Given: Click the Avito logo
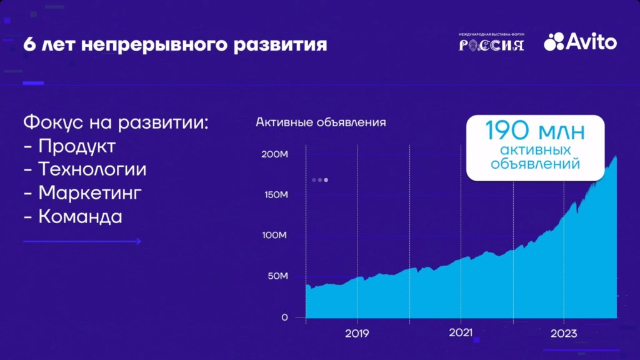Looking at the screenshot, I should click(x=580, y=41).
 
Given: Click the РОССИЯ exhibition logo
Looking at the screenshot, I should click(x=491, y=42).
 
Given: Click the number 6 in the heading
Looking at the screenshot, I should click(x=29, y=45).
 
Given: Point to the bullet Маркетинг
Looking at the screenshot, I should click(x=90, y=193).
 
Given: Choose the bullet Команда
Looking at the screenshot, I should click(x=80, y=217).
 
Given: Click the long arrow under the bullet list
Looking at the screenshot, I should click(x=82, y=241).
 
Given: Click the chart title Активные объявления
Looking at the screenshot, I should click(x=321, y=122).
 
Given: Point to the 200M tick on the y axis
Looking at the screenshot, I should click(x=274, y=154).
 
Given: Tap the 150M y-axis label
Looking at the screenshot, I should click(x=274, y=195).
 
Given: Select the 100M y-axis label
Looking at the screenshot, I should click(x=274, y=236).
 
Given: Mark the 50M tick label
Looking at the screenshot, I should click(x=276, y=276).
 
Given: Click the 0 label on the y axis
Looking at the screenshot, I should click(x=284, y=317).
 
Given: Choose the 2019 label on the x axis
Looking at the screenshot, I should click(x=357, y=334).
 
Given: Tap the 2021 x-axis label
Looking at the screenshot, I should click(x=461, y=333).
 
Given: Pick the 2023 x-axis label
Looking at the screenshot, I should click(x=564, y=334).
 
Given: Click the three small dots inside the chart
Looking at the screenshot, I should click(x=320, y=180).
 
